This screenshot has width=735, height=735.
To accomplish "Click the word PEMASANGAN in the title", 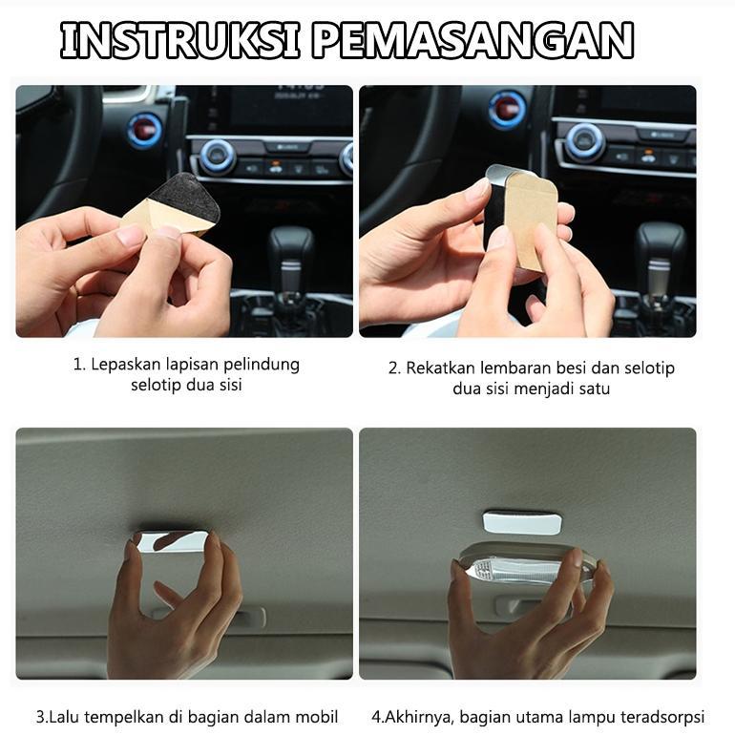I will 472,41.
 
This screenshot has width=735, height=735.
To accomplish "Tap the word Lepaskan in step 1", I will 121,365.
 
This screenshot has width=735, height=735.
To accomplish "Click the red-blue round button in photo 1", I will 145,128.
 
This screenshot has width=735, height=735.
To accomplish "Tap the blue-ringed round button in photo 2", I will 507,109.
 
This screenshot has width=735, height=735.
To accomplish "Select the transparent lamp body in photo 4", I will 520,569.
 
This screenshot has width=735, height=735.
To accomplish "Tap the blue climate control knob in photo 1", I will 218,157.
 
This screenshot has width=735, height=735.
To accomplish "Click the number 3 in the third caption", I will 40,715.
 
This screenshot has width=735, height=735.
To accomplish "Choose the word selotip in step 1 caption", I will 158,387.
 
